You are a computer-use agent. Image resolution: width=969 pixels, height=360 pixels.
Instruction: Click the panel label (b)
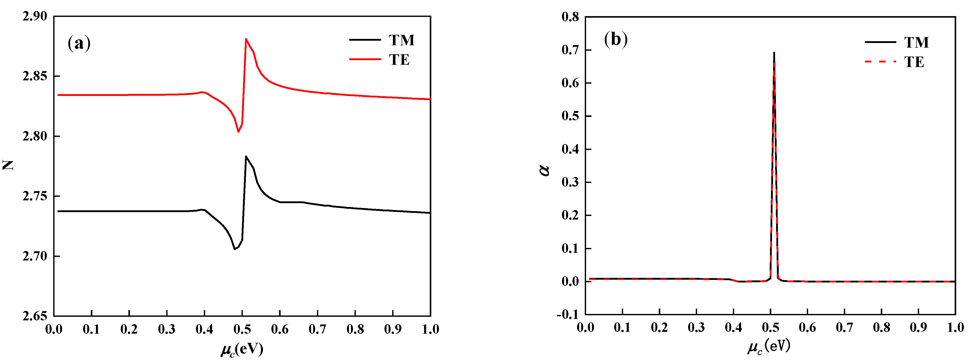pos(615,39)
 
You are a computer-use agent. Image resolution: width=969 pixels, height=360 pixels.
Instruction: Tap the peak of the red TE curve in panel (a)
pos(246,39)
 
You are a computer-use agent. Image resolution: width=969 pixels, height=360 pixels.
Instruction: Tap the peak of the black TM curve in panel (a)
pos(246,157)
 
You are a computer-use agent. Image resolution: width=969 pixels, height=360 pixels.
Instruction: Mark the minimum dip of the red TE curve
pos(238,132)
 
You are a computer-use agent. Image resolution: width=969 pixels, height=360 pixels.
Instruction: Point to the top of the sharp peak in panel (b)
pos(774,53)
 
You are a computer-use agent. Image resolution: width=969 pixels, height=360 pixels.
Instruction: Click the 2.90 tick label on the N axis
pos(35,16)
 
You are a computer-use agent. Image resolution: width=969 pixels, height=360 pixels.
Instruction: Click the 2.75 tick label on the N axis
pos(35,196)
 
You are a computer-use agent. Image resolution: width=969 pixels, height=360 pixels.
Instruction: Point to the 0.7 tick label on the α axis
pos(570,50)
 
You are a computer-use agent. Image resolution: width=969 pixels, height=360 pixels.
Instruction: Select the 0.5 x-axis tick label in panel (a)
pos(242,330)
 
